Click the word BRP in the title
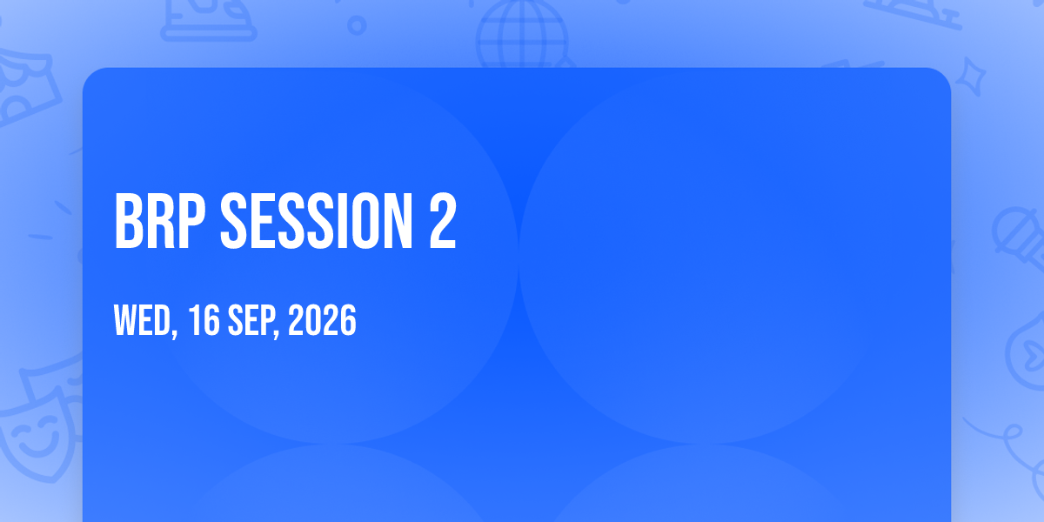[x=160, y=221]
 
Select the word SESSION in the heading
[x=316, y=221]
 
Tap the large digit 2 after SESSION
[x=442, y=221]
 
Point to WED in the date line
[x=143, y=320]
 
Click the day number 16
[x=204, y=320]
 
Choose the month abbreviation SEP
[x=251, y=320]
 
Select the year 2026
[x=322, y=320]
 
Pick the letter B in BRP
[x=129, y=221]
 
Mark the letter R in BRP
[x=161, y=221]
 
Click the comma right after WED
[x=175, y=332]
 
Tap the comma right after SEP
[x=277, y=332]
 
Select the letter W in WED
[x=125, y=320]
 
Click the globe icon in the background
[x=523, y=35]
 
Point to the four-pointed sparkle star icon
[x=970, y=77]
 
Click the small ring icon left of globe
[x=357, y=25]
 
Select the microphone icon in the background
[x=1019, y=238]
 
